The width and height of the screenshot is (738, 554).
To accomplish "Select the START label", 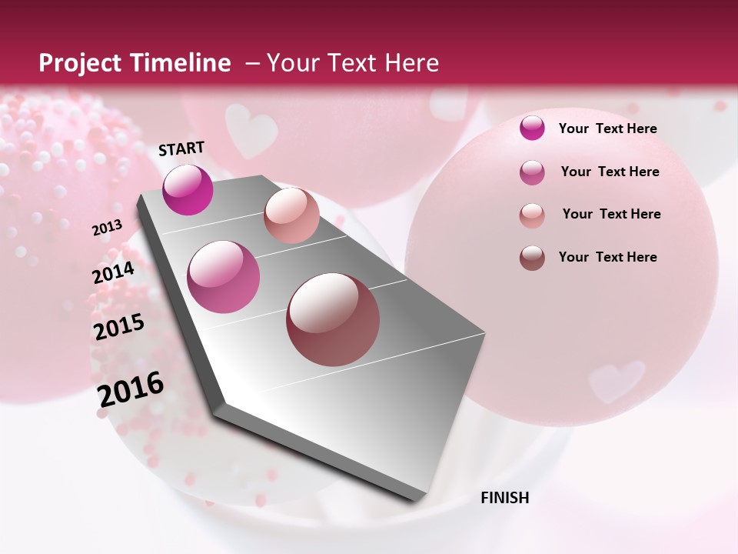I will click(181, 149).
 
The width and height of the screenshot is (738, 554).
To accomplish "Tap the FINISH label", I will click(505, 498).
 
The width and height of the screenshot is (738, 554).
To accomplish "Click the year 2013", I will click(107, 228).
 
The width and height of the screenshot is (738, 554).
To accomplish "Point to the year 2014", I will click(113, 272).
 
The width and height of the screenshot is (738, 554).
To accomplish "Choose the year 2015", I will click(119, 326).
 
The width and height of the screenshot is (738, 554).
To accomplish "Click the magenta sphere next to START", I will click(188, 189).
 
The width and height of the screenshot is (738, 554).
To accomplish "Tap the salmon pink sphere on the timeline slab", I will click(291, 215).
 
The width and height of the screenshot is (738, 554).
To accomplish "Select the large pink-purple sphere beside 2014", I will click(224, 277).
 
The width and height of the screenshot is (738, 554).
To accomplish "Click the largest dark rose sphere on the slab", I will click(333, 319).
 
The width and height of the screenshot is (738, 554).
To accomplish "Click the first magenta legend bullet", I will click(532, 128).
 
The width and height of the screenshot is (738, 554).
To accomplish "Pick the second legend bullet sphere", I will click(532, 172).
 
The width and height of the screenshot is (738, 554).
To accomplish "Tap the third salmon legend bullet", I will click(532, 215).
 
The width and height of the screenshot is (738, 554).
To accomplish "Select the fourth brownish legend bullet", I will click(532, 258).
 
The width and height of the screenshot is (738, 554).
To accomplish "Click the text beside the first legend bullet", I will click(608, 128).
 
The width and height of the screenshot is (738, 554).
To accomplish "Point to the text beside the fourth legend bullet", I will click(608, 257).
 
